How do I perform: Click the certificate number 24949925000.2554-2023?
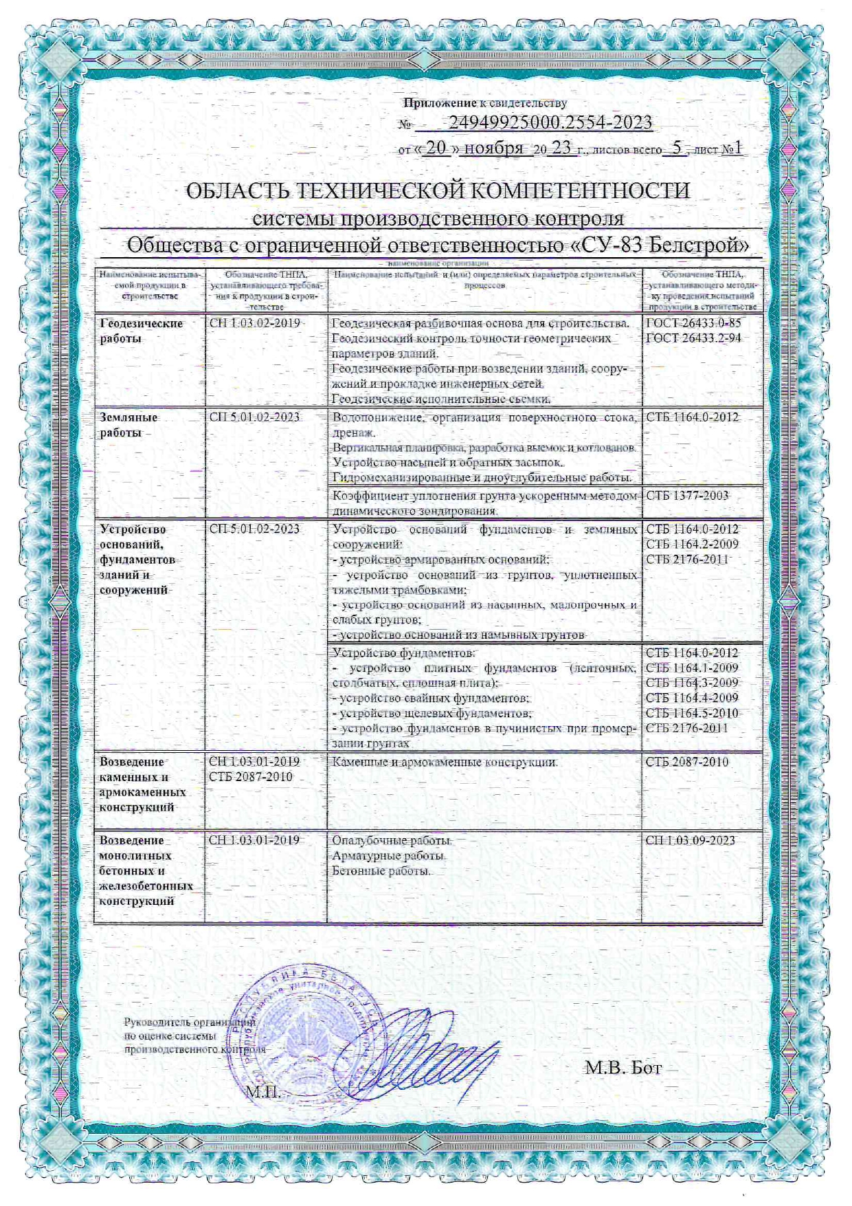tap(550, 123)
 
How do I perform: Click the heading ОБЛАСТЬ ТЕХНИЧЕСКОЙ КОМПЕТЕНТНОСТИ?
tap(438, 190)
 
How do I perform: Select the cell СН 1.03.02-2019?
tap(255, 323)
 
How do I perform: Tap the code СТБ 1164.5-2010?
tap(692, 713)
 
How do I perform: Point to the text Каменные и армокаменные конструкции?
tap(445, 762)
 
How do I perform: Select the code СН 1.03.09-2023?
tap(691, 840)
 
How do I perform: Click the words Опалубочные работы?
tap(392, 841)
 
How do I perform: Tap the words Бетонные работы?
tap(381, 871)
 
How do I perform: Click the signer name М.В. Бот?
tap(623, 1068)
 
